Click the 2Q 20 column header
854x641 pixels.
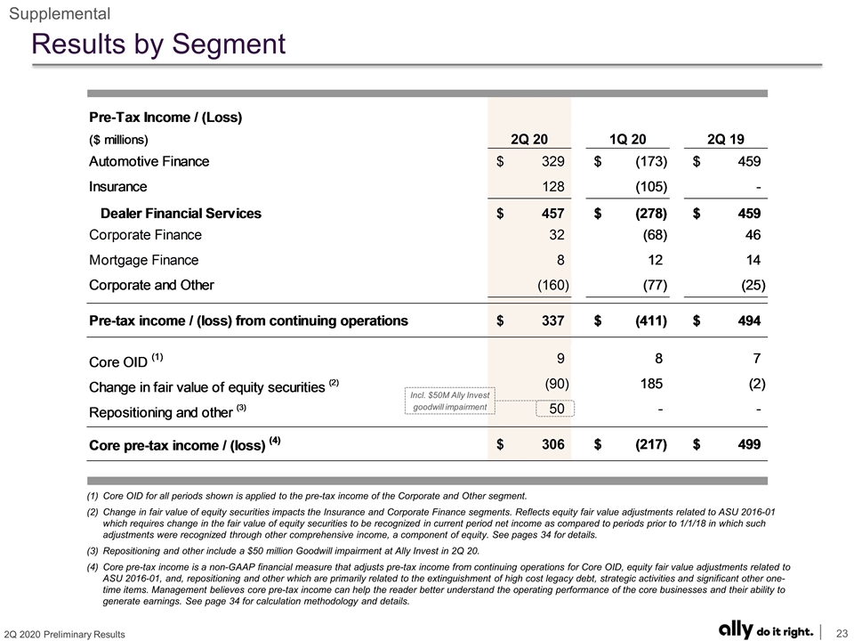click(528, 140)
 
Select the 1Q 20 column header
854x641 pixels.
click(627, 140)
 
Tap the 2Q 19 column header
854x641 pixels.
click(726, 140)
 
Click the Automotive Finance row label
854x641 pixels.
click(149, 161)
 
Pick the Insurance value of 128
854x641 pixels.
click(552, 187)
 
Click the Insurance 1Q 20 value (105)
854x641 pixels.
click(651, 187)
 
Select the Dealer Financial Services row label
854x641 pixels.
click(181, 213)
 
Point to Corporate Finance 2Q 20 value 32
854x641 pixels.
click(557, 235)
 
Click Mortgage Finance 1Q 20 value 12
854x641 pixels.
click(656, 260)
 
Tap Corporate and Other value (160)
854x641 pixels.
click(552, 285)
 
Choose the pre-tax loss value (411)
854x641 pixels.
click(651, 320)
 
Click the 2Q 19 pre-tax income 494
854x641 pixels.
click(749, 320)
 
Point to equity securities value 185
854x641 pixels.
click(651, 384)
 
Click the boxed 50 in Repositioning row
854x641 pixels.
click(555, 409)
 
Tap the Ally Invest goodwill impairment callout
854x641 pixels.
click(450, 401)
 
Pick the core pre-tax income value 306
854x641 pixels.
click(552, 444)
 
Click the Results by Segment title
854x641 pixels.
click(158, 44)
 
